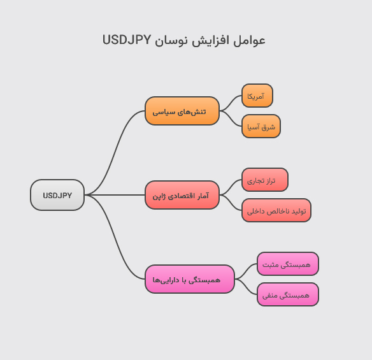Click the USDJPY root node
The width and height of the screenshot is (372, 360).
click(x=57, y=195)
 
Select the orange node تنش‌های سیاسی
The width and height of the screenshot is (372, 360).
click(x=182, y=112)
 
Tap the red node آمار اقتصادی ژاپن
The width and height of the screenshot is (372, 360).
click(x=182, y=195)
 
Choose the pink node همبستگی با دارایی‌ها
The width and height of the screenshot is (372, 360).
click(x=190, y=279)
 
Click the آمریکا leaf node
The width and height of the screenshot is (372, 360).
click(x=257, y=96)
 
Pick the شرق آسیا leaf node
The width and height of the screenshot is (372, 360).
click(x=261, y=126)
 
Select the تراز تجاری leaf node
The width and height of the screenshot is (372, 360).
click(x=265, y=180)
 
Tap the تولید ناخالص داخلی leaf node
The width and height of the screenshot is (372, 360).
click(x=276, y=210)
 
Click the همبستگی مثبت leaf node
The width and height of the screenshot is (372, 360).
click(x=288, y=264)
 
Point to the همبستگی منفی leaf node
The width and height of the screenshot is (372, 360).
click(x=288, y=294)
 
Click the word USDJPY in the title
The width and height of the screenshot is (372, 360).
click(x=127, y=40)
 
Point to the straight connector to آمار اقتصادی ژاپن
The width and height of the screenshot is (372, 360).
click(x=115, y=195)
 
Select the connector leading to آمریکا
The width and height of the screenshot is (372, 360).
click(x=231, y=103)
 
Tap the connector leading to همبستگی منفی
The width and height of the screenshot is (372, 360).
click(x=247, y=287)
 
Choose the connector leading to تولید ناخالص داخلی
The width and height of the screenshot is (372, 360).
click(x=231, y=203)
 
